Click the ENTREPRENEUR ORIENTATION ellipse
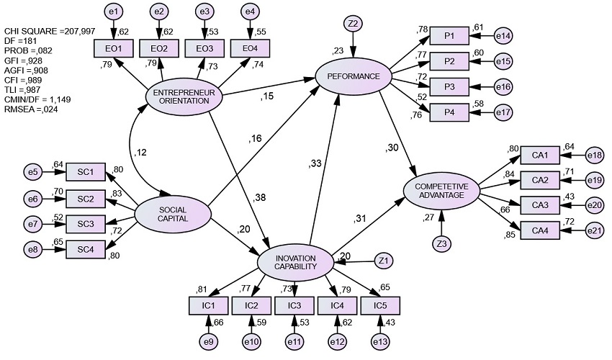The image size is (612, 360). (184, 96)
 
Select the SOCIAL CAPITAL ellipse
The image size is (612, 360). (173, 215)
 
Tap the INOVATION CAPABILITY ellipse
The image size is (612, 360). (295, 262)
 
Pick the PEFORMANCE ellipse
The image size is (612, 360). (354, 76)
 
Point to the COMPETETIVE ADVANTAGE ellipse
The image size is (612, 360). (441, 191)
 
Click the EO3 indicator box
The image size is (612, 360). (204, 49)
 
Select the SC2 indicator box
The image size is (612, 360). (86, 199)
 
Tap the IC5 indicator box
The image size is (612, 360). (380, 305)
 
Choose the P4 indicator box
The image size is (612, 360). (449, 112)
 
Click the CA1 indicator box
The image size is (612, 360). (540, 156)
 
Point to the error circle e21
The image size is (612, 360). (595, 231)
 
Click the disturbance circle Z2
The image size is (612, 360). (353, 24)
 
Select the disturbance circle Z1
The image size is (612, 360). (383, 261)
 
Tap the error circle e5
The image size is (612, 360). (33, 172)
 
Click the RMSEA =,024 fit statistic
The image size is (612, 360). (31, 109)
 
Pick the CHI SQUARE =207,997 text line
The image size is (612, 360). (50, 31)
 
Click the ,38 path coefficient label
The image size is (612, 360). (258, 197)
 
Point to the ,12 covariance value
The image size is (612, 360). (140, 153)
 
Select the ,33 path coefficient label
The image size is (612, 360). (315, 163)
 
